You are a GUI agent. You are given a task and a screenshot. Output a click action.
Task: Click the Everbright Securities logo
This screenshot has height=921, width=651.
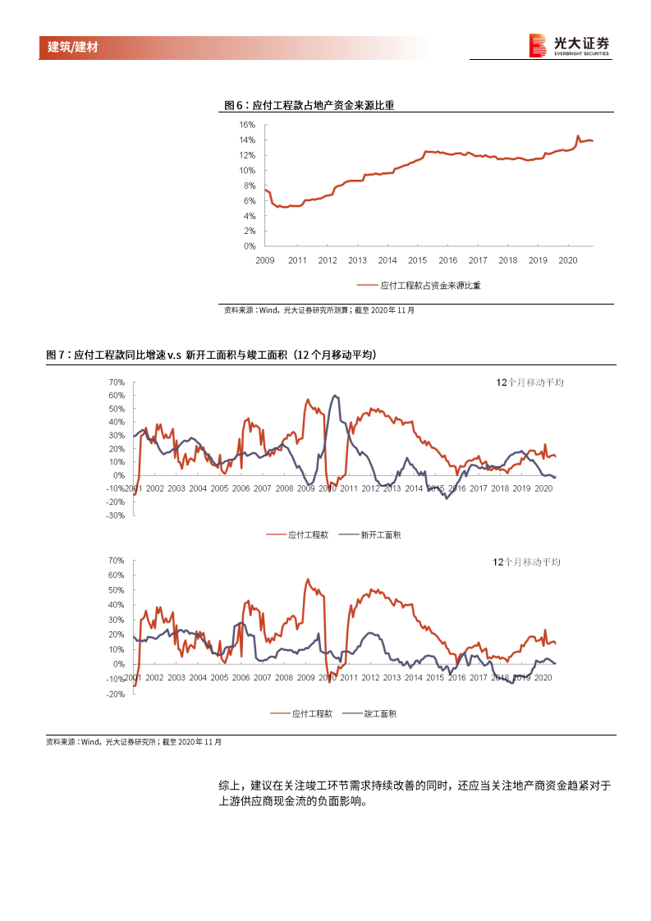(x=569, y=46)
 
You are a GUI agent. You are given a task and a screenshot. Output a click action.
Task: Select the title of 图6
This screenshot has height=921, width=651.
(x=309, y=105)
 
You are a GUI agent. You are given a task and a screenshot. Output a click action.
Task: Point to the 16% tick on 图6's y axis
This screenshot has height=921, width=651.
(x=247, y=125)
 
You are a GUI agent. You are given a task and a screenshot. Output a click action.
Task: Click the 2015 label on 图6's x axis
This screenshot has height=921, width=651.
(x=417, y=260)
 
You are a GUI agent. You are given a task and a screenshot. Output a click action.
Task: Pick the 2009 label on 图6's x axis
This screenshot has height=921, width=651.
(x=265, y=260)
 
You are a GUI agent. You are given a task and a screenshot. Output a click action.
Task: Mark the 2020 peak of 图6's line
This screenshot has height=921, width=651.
(x=578, y=136)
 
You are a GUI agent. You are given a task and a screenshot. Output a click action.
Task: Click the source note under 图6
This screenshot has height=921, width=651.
(x=319, y=310)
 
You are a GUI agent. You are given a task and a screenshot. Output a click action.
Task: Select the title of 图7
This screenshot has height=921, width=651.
(x=211, y=355)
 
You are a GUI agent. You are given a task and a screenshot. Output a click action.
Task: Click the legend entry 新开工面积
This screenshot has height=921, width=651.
(x=380, y=534)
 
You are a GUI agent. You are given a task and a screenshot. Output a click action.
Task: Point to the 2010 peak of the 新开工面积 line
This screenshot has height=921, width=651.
(x=334, y=396)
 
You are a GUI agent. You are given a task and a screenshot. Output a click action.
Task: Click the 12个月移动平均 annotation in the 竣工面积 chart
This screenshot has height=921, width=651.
(x=525, y=561)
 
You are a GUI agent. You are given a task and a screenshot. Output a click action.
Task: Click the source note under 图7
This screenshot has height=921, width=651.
(x=133, y=741)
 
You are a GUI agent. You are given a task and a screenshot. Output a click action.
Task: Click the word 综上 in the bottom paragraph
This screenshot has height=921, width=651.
(x=228, y=786)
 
